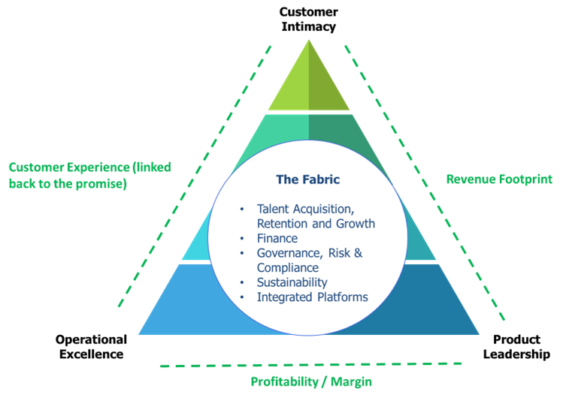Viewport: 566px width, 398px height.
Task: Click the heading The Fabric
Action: [309, 179]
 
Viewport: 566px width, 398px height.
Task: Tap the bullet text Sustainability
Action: [292, 282]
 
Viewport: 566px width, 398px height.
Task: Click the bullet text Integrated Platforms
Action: [313, 297]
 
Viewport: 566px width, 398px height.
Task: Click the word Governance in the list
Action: [289, 253]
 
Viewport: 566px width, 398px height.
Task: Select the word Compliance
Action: [288, 267]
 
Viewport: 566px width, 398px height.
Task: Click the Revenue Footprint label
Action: [499, 179]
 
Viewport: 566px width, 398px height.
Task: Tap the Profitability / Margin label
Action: [311, 381]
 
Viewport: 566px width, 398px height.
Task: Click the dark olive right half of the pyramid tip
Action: [322, 90]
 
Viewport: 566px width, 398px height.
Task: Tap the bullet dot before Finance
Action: [241, 239]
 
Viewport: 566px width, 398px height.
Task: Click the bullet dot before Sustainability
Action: [241, 282]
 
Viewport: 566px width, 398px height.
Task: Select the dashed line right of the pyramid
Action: [424, 180]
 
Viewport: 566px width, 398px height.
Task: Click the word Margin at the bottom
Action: [350, 381]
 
